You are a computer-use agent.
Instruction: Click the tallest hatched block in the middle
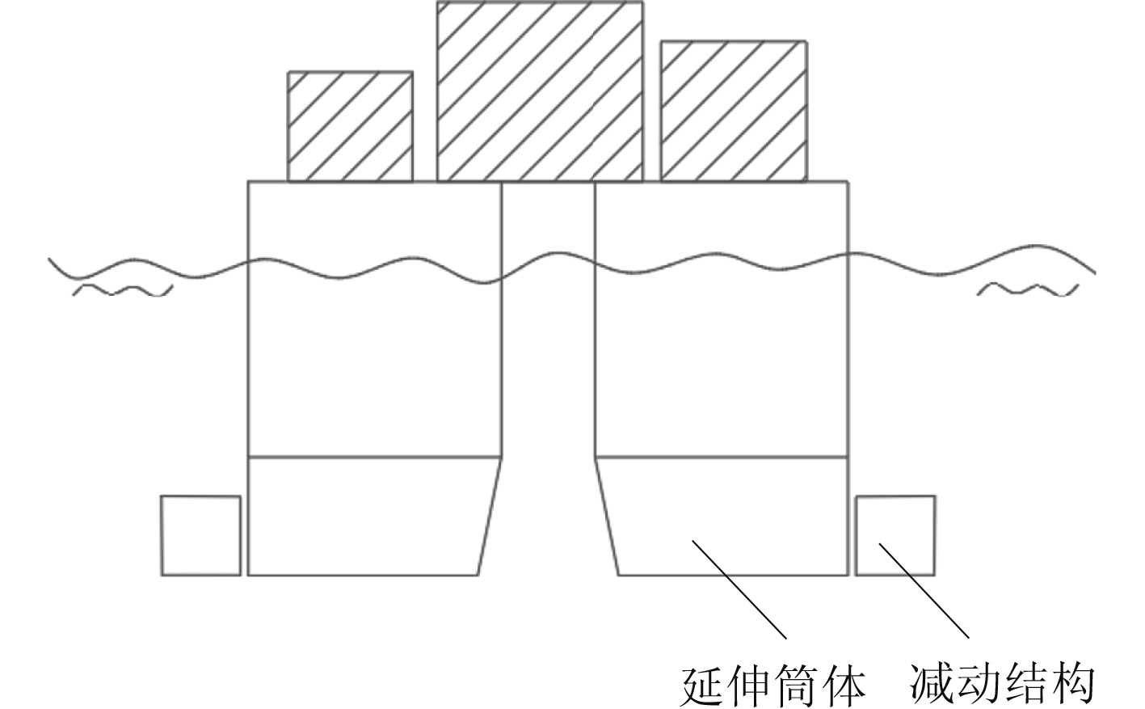click(540, 91)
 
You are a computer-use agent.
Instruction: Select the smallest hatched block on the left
click(351, 126)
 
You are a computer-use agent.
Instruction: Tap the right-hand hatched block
click(733, 111)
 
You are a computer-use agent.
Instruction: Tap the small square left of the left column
click(200, 535)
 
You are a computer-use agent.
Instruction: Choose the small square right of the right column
click(895, 535)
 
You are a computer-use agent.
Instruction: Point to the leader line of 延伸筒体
click(739, 588)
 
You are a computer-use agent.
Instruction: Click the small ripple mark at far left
click(123, 289)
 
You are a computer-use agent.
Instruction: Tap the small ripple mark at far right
click(1028, 289)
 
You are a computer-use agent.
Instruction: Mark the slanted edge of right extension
click(607, 516)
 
